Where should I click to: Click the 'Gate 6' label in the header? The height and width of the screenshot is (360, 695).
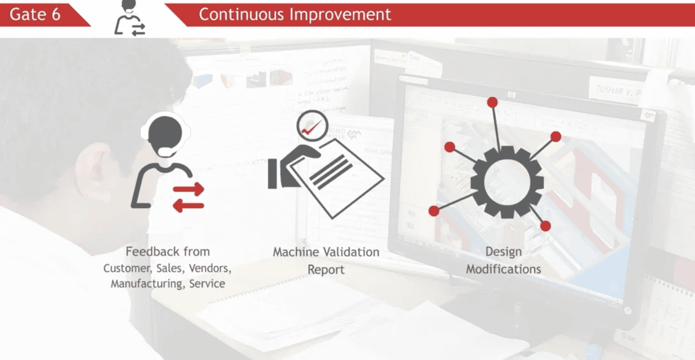[x=34, y=14]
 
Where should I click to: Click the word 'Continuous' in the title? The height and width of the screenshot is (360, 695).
[x=242, y=14]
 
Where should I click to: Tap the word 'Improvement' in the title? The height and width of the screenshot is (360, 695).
[x=340, y=14]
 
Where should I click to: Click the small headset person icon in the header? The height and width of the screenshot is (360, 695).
[x=130, y=18]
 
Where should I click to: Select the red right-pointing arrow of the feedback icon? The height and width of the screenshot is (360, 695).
[x=188, y=190]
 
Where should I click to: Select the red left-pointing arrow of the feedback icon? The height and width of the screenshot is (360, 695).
[x=188, y=205]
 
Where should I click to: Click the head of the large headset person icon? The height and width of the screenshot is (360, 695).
[x=165, y=133]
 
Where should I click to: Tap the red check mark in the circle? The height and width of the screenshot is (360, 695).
[x=312, y=127]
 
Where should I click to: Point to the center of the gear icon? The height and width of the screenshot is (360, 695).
[x=507, y=181]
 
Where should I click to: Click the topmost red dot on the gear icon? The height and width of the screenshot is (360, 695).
[x=492, y=103]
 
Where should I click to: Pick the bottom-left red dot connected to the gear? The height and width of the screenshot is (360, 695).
[x=434, y=211]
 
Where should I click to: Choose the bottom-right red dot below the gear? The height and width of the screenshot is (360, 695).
[x=545, y=226]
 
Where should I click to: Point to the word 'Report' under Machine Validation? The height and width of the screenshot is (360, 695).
[x=326, y=270]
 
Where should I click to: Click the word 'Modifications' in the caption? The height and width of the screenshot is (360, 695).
[x=503, y=269]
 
